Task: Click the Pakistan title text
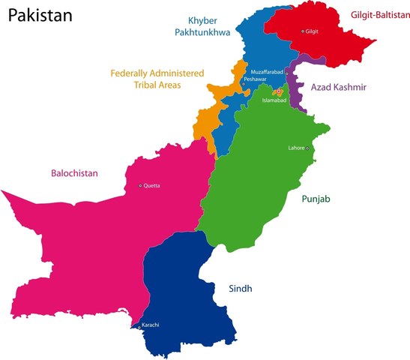click(x=40, y=14)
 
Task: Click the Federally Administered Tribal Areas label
click(x=157, y=79)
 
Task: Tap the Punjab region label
click(x=316, y=199)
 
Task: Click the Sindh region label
click(x=241, y=288)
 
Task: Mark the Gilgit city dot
click(x=303, y=31)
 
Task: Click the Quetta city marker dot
click(x=139, y=186)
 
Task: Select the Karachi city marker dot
click(x=139, y=327)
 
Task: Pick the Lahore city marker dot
click(x=307, y=148)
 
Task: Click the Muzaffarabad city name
click(x=268, y=72)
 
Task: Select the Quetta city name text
click(x=151, y=186)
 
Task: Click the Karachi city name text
click(x=151, y=324)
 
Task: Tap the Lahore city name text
click(x=296, y=148)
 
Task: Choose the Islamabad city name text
click(x=274, y=100)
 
